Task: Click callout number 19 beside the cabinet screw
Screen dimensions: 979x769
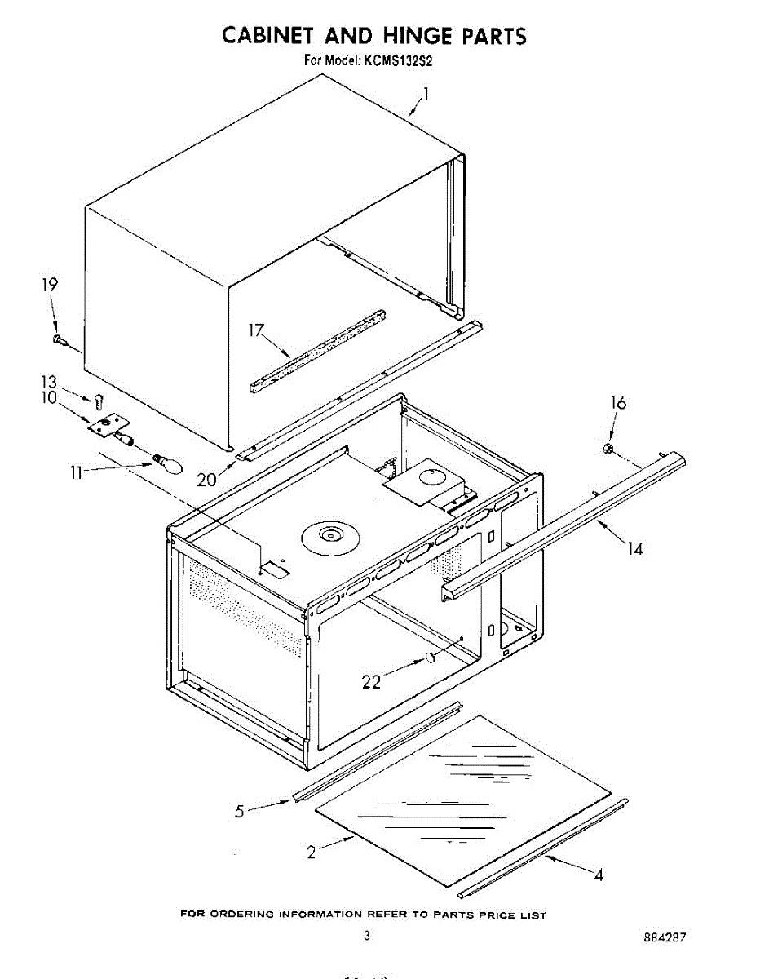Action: pyautogui.click(x=51, y=285)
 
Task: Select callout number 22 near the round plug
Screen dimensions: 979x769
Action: pyautogui.click(x=371, y=682)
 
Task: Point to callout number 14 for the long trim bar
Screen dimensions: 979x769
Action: pyautogui.click(x=634, y=548)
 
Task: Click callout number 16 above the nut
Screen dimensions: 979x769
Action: pyautogui.click(x=619, y=403)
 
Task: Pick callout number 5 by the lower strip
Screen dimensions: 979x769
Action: pyautogui.click(x=240, y=811)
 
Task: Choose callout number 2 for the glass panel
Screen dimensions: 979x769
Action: pyautogui.click(x=311, y=853)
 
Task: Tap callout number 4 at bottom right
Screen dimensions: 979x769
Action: pyautogui.click(x=599, y=875)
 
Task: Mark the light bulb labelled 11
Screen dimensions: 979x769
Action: pyautogui.click(x=169, y=464)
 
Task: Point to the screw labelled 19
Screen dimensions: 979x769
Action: pyautogui.click(x=59, y=339)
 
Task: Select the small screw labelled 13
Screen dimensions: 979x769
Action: pyautogui.click(x=99, y=401)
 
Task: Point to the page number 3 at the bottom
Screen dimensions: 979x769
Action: pyautogui.click(x=368, y=936)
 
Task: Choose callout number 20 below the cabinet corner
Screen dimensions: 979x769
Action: pyautogui.click(x=206, y=478)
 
